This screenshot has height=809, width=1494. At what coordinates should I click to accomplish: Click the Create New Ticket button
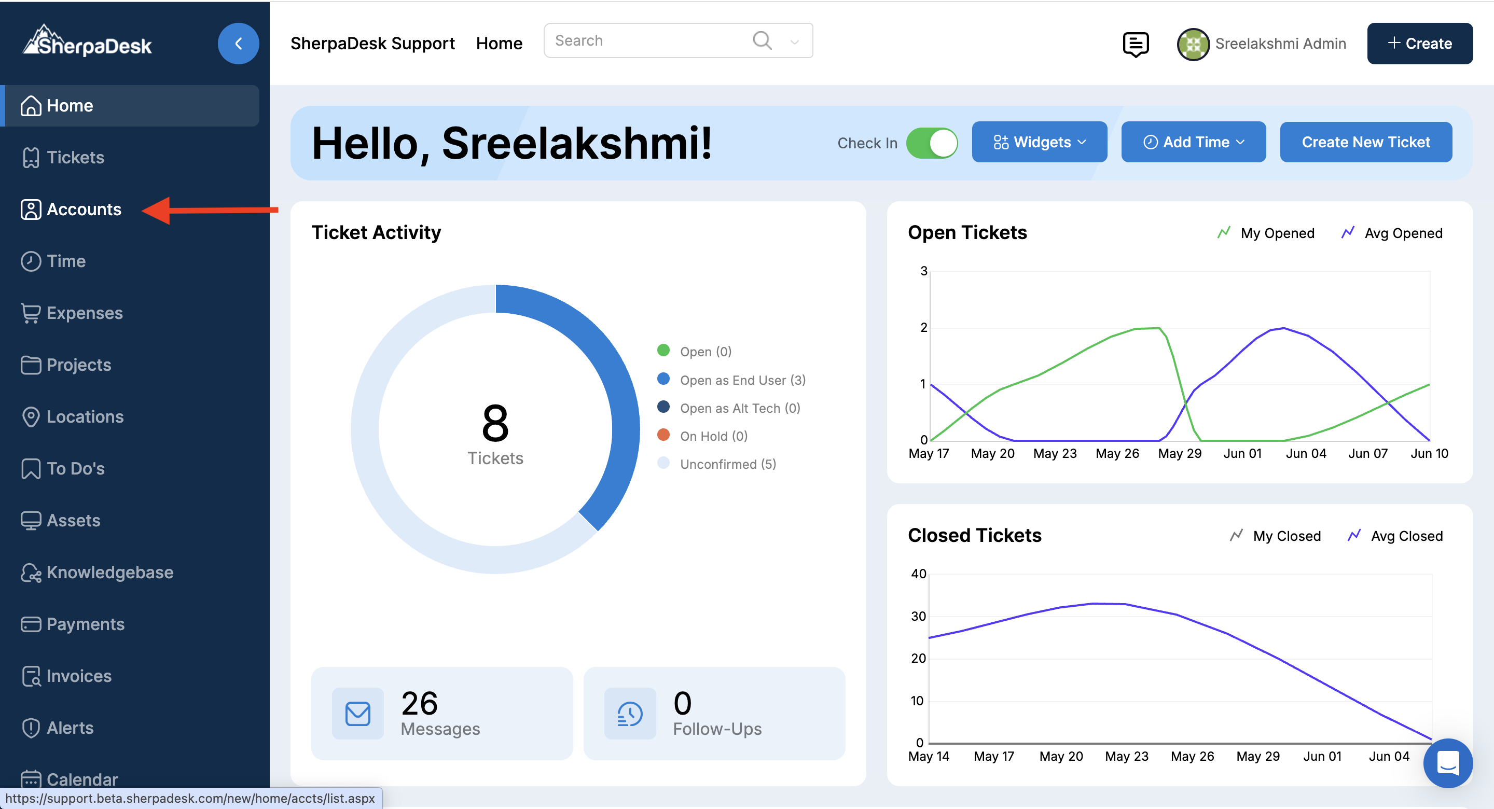pyautogui.click(x=1366, y=142)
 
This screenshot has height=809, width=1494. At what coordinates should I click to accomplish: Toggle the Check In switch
pyautogui.click(x=932, y=143)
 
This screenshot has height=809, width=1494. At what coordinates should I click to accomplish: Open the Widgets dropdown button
pyautogui.click(x=1039, y=142)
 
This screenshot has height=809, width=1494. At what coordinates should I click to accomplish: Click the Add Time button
pyautogui.click(x=1193, y=142)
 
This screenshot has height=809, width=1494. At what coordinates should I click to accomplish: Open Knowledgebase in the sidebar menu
pyautogui.click(x=97, y=573)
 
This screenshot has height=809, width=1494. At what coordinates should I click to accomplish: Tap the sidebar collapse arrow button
pyautogui.click(x=239, y=44)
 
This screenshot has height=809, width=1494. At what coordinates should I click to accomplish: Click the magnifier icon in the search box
pyautogui.click(x=762, y=40)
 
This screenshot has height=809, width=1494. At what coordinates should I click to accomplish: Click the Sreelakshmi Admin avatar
pyautogui.click(x=1193, y=44)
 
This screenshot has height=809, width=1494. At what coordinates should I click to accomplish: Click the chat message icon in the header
pyautogui.click(x=1136, y=44)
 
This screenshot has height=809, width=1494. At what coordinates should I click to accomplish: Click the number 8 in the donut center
pyautogui.click(x=495, y=423)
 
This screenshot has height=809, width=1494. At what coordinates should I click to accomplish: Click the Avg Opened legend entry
pyautogui.click(x=1391, y=233)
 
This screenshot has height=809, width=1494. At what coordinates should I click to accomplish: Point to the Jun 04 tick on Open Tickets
pyautogui.click(x=1306, y=453)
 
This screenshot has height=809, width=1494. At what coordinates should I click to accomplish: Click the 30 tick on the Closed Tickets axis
pyautogui.click(x=918, y=616)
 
